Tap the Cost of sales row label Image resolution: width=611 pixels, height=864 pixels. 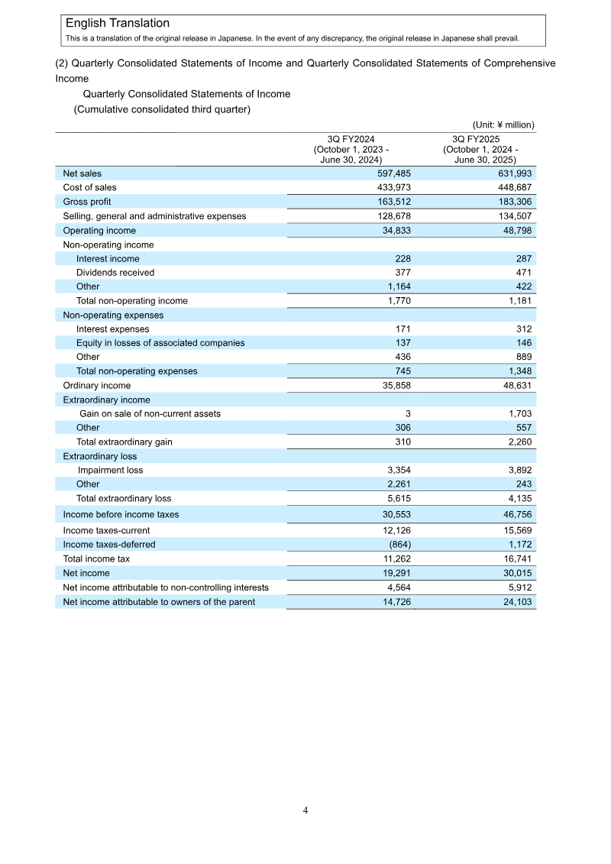pos(89,188)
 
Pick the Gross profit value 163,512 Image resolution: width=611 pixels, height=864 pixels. pos(391,202)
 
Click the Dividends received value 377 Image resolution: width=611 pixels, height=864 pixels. pos(403,273)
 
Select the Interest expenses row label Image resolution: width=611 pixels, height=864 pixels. pos(112,329)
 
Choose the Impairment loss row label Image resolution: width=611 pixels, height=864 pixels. pos(110,471)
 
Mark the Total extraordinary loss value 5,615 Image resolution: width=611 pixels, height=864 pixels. pos(398,498)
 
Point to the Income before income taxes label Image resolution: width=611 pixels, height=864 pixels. pos(121,515)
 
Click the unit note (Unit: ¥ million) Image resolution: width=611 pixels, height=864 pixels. pos(503,125)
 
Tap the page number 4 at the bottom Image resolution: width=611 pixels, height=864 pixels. pos(305,811)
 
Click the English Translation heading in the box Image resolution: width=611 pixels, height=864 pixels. pos(118,24)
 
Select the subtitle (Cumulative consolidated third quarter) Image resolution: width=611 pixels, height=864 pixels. pos(162,110)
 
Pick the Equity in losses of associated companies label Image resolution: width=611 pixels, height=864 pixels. pos(160,343)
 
